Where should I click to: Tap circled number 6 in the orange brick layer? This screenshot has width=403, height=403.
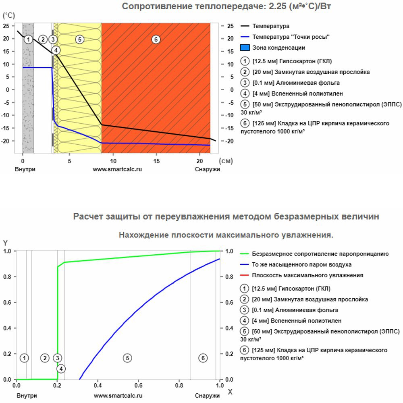click(156, 39)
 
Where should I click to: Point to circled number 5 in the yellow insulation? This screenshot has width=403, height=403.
click(79, 39)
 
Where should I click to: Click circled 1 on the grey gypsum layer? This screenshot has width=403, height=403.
click(28, 39)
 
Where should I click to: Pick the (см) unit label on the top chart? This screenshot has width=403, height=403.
click(227, 160)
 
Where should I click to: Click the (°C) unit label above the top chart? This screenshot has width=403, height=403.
click(8, 15)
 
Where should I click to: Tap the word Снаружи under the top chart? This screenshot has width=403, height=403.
click(208, 170)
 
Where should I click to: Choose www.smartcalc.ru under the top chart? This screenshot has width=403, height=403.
click(117, 170)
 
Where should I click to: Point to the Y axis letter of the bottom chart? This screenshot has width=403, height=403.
click(5, 243)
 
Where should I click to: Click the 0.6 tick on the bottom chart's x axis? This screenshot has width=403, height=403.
click(138, 387)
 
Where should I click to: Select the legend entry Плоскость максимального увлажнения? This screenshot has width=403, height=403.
click(307, 275)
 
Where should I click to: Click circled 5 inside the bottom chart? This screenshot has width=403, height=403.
click(127, 358)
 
